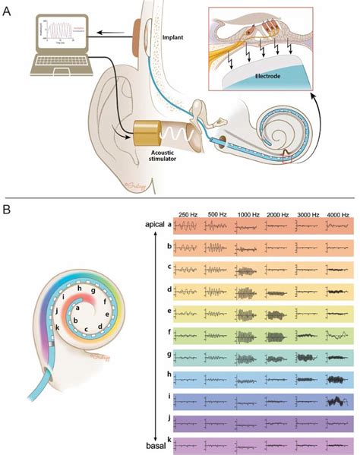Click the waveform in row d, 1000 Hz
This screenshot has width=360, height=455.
[248, 290]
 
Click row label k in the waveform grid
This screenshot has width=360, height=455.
[169, 441]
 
